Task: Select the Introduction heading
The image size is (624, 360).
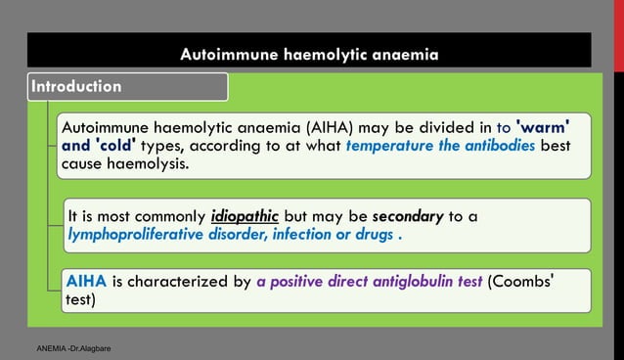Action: pyautogui.click(x=76, y=86)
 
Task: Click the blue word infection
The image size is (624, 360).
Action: pyautogui.click(x=315, y=235)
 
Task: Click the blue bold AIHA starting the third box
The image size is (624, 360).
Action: pyautogui.click(x=87, y=282)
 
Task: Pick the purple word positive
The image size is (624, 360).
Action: pyautogui.click(x=299, y=282)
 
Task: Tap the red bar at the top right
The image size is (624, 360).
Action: pyautogui.click(x=617, y=49)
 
